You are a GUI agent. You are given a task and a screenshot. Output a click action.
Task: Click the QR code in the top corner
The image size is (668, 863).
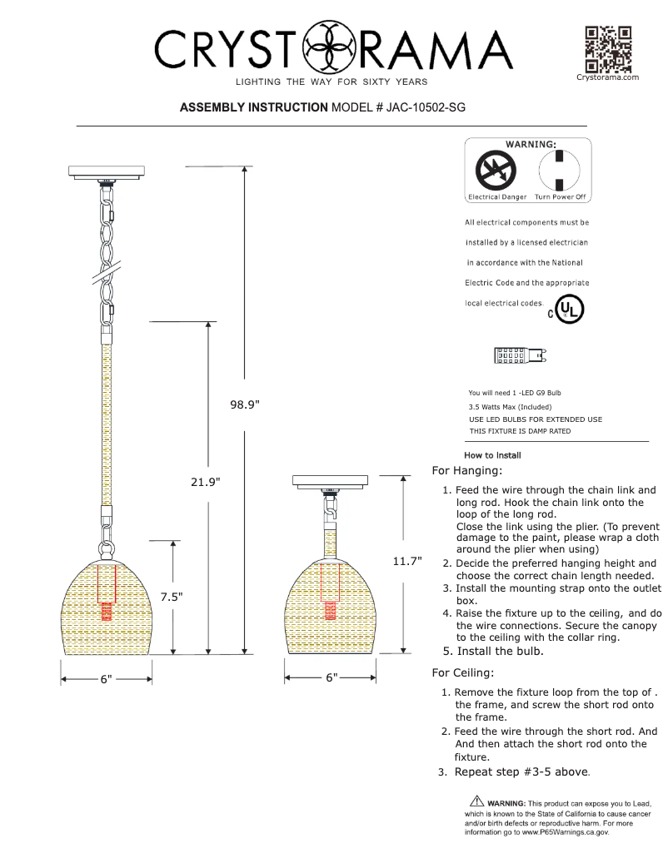607,49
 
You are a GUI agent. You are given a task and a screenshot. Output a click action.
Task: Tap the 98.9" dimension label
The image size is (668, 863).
245,404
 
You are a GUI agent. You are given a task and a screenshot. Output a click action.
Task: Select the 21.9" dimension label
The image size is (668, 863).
204,482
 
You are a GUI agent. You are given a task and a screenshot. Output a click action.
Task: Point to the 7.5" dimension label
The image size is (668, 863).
172,597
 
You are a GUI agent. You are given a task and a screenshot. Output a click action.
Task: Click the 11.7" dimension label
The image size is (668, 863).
407,562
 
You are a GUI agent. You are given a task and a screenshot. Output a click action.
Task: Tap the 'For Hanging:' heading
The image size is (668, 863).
467,471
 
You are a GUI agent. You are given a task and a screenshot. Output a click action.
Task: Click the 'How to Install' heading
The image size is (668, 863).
492,455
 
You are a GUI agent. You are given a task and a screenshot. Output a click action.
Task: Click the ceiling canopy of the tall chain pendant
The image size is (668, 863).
107,172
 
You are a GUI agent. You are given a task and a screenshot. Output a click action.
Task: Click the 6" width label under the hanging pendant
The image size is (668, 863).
106,680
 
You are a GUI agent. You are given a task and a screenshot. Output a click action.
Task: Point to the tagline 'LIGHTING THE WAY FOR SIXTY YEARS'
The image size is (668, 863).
332,82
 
